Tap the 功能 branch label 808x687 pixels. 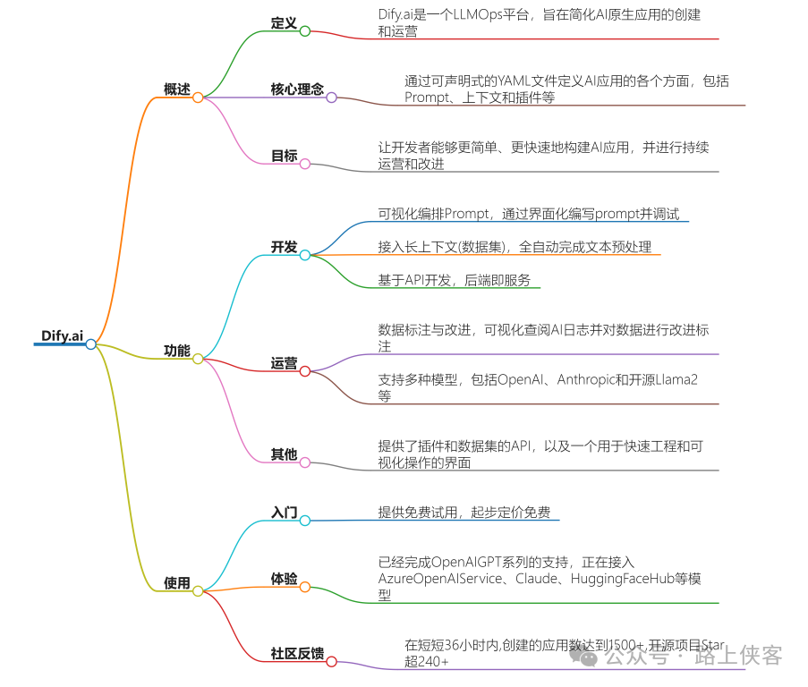[x=176, y=351]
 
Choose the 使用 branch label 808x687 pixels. [x=176, y=582]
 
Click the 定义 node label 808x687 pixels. [x=284, y=22]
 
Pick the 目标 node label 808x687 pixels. [x=284, y=156]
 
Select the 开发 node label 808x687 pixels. [x=284, y=247]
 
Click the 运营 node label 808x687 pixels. [x=284, y=363]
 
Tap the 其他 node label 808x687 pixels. [x=284, y=454]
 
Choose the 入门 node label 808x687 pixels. [x=284, y=513]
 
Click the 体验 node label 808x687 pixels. [x=284, y=579]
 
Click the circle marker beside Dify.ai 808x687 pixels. [x=90, y=344]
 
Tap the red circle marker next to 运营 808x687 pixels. [x=304, y=371]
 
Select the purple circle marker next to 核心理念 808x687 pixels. [x=331, y=97]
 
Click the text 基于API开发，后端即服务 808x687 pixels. [x=454, y=281]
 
